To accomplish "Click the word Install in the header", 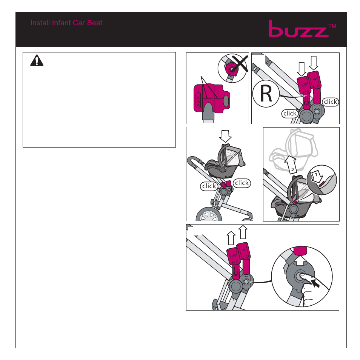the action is tap(40, 23).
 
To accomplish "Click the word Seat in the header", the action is tap(95, 23).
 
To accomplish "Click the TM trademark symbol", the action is tap(332, 26).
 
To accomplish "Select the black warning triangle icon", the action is tap(37, 61).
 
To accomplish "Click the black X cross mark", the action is tap(240, 63).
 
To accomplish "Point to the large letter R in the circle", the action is tap(266, 94).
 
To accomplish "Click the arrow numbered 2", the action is tap(291, 164).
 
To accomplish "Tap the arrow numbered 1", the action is tap(317, 177).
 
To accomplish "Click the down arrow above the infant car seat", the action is tap(225, 136).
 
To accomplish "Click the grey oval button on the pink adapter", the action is tap(226, 101).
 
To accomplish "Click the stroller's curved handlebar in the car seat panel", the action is tap(195, 161).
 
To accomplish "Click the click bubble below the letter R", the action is tap(290, 114).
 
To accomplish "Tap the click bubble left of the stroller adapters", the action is tap(209, 186).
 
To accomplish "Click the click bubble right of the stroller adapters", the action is tap(242, 183).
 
